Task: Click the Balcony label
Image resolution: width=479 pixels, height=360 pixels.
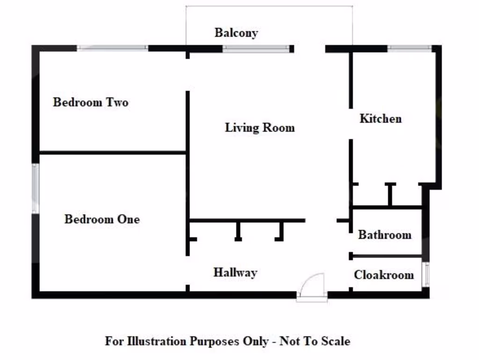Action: point(236,33)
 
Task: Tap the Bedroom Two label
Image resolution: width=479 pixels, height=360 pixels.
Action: point(90,102)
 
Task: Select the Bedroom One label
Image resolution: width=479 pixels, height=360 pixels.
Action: point(102,219)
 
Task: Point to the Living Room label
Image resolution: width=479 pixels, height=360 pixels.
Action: point(260,127)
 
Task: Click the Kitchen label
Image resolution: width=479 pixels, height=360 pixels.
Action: point(380,119)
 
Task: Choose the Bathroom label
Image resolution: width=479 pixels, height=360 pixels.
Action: point(385,235)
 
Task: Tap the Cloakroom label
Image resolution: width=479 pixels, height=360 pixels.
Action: point(384,275)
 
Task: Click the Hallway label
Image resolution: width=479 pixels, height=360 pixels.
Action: point(235,272)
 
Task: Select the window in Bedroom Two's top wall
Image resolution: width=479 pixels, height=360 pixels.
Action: point(112,48)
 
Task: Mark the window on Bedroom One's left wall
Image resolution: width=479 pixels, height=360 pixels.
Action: point(35,188)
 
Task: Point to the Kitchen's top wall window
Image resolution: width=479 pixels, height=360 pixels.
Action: point(409,48)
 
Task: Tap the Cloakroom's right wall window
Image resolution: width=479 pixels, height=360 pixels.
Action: point(426,274)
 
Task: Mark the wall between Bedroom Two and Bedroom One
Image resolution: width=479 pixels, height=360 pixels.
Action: point(112,152)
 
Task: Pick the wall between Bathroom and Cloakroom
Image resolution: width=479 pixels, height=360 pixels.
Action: point(386,256)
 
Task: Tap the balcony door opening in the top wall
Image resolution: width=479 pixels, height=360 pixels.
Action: point(309,48)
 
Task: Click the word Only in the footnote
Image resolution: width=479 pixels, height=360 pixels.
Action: point(254,341)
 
